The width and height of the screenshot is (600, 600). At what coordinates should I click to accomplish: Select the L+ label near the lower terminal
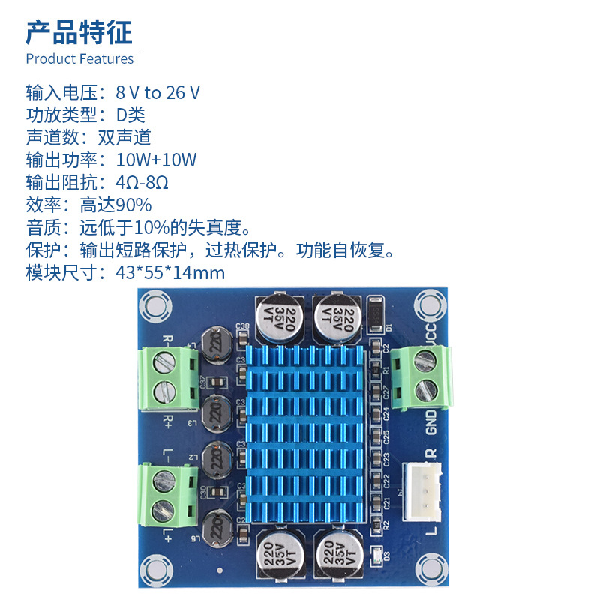point(169,534)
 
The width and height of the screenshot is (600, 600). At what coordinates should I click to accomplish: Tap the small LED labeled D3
point(376,554)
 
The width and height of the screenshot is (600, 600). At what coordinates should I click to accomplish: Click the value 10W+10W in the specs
point(156,160)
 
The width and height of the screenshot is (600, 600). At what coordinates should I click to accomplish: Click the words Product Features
point(79,58)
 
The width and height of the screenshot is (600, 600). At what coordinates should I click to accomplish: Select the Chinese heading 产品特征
point(79,31)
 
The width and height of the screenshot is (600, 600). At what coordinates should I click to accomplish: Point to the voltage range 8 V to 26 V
point(157,92)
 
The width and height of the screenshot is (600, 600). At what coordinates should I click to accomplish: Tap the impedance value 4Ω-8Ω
point(142,182)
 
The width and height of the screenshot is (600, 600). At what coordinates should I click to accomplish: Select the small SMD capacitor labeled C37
point(217,382)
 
